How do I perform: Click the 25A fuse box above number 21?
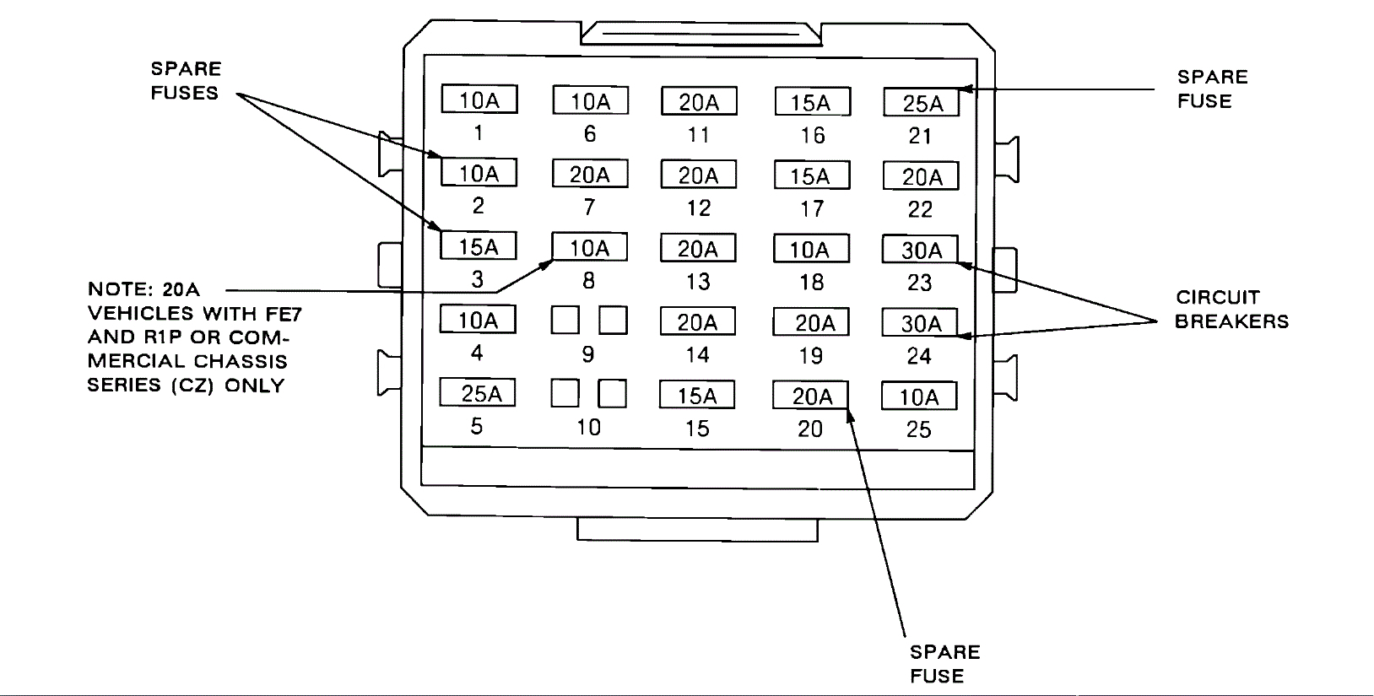[922, 103]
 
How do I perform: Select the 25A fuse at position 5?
[478, 393]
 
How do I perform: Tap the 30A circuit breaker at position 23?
[920, 250]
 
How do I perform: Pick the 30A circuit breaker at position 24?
[920, 323]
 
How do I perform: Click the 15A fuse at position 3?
[479, 246]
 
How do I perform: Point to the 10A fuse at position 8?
[589, 248]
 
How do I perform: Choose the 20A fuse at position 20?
[811, 396]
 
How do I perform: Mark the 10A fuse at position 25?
[919, 397]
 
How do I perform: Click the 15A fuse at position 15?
[697, 396]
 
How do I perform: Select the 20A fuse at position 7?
[590, 175]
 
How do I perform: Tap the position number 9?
[588, 354]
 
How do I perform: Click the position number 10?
[588, 427]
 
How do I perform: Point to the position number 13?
[698, 282]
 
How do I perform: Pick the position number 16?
[812, 135]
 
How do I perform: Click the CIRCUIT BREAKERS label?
[1231, 309]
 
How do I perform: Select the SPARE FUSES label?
[186, 81]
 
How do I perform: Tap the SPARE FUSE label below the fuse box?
[944, 664]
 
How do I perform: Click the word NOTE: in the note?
[121, 289]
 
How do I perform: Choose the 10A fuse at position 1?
[479, 100]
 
